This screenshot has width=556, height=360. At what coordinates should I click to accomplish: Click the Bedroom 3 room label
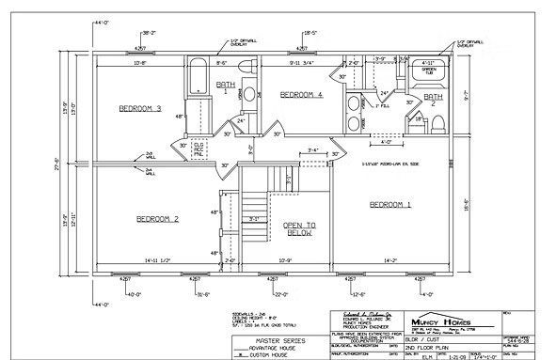pyautogui.click(x=140, y=108)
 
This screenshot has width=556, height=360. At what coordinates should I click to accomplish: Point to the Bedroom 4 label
pyautogui.click(x=301, y=95)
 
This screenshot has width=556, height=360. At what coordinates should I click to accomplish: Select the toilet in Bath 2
pyautogui.click(x=413, y=119)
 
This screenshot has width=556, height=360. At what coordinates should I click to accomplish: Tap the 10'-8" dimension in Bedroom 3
pyautogui.click(x=140, y=64)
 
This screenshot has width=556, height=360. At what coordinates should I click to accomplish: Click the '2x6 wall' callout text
pyautogui.click(x=151, y=155)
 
